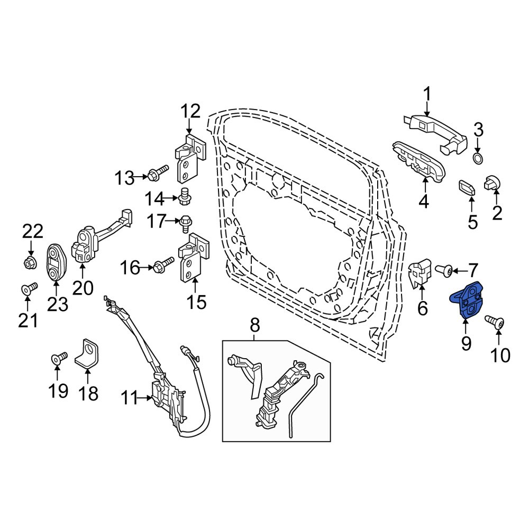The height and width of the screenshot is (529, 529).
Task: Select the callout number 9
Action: tap(466, 343)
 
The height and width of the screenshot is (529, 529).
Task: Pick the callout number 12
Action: tap(190, 112)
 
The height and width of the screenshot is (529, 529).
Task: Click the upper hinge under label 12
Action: tap(190, 158)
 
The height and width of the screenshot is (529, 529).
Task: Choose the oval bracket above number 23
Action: tap(55, 263)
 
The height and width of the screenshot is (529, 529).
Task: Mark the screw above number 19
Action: tap(58, 359)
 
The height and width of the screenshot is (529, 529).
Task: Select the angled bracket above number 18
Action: tap(88, 353)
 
